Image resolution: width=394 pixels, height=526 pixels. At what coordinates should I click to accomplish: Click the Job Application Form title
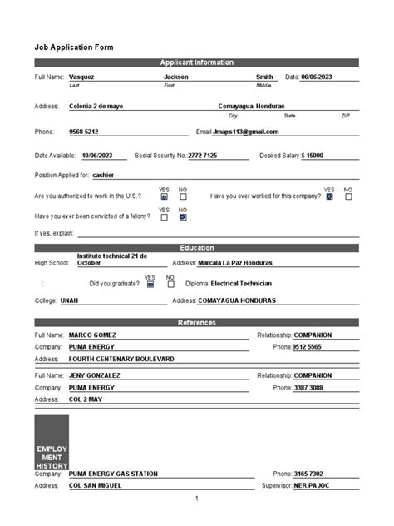(73, 47)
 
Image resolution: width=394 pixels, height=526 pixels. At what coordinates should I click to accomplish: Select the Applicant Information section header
(196, 62)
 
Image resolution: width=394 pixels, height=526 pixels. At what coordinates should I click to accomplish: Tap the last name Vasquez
(81, 77)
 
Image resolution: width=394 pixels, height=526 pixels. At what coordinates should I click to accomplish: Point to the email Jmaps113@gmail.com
(246, 131)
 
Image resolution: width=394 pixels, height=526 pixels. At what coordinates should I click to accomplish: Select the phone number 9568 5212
(83, 131)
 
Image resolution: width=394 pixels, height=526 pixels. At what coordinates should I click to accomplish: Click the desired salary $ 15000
(313, 156)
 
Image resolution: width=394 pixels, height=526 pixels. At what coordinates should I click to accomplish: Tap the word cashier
(103, 176)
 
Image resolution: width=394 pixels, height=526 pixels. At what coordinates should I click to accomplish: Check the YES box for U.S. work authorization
(164, 196)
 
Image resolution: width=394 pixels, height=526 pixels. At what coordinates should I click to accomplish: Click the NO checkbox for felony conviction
(183, 216)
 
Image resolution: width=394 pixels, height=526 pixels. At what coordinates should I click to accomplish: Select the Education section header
(196, 247)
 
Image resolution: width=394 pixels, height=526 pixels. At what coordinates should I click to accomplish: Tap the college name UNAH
(70, 300)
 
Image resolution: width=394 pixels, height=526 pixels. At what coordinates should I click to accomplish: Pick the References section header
(196, 322)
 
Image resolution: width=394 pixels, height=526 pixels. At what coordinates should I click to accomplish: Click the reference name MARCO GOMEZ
(91, 335)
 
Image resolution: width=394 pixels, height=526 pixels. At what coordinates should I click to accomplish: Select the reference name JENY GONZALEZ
(94, 375)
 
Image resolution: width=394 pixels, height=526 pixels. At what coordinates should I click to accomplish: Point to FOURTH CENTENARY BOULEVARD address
(121, 359)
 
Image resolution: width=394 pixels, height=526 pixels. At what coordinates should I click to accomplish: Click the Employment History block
(52, 442)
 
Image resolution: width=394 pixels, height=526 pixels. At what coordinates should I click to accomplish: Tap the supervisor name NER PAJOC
(313, 486)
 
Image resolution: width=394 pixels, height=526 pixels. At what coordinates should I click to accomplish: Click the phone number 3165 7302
(308, 474)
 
